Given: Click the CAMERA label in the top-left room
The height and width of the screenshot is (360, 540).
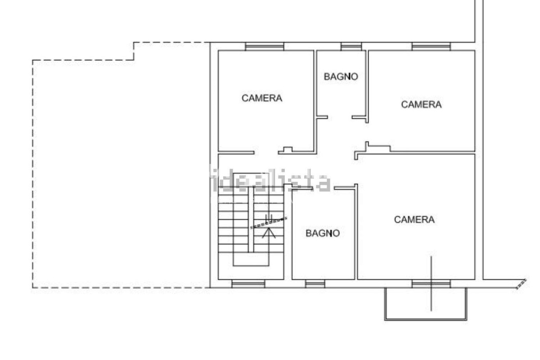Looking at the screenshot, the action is tap(262, 98).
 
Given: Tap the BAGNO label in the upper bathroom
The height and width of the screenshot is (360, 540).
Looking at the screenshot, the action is tap(341, 76).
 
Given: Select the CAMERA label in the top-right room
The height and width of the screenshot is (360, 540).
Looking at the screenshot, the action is tap(421, 104).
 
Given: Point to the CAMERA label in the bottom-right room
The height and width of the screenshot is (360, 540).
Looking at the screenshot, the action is tap(414, 220).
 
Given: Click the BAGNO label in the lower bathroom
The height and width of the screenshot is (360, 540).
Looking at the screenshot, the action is tap(323, 233).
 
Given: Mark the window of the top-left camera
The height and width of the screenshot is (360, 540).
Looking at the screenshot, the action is tap(265, 46).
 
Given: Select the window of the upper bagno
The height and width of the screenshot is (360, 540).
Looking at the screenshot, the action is tap(351, 46).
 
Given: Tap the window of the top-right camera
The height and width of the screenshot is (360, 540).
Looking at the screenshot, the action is tap(431, 46).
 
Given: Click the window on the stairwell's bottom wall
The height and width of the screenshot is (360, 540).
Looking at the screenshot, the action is tap(248, 284).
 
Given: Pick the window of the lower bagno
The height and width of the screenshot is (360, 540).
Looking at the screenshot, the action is tap(315, 284).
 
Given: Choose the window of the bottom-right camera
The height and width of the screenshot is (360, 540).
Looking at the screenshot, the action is tap(431, 284).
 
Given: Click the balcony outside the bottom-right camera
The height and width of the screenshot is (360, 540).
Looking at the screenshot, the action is tap(426, 320).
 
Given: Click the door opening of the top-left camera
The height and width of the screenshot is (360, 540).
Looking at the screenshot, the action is tap(266, 153).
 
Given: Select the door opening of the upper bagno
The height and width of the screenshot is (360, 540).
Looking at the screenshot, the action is tap(340, 117).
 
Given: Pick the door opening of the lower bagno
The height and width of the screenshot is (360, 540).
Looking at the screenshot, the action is tap(324, 188).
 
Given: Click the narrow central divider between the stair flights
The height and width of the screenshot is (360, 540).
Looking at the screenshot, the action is tap(251, 220).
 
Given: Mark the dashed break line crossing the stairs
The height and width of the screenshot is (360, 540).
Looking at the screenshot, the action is tap(269, 223).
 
